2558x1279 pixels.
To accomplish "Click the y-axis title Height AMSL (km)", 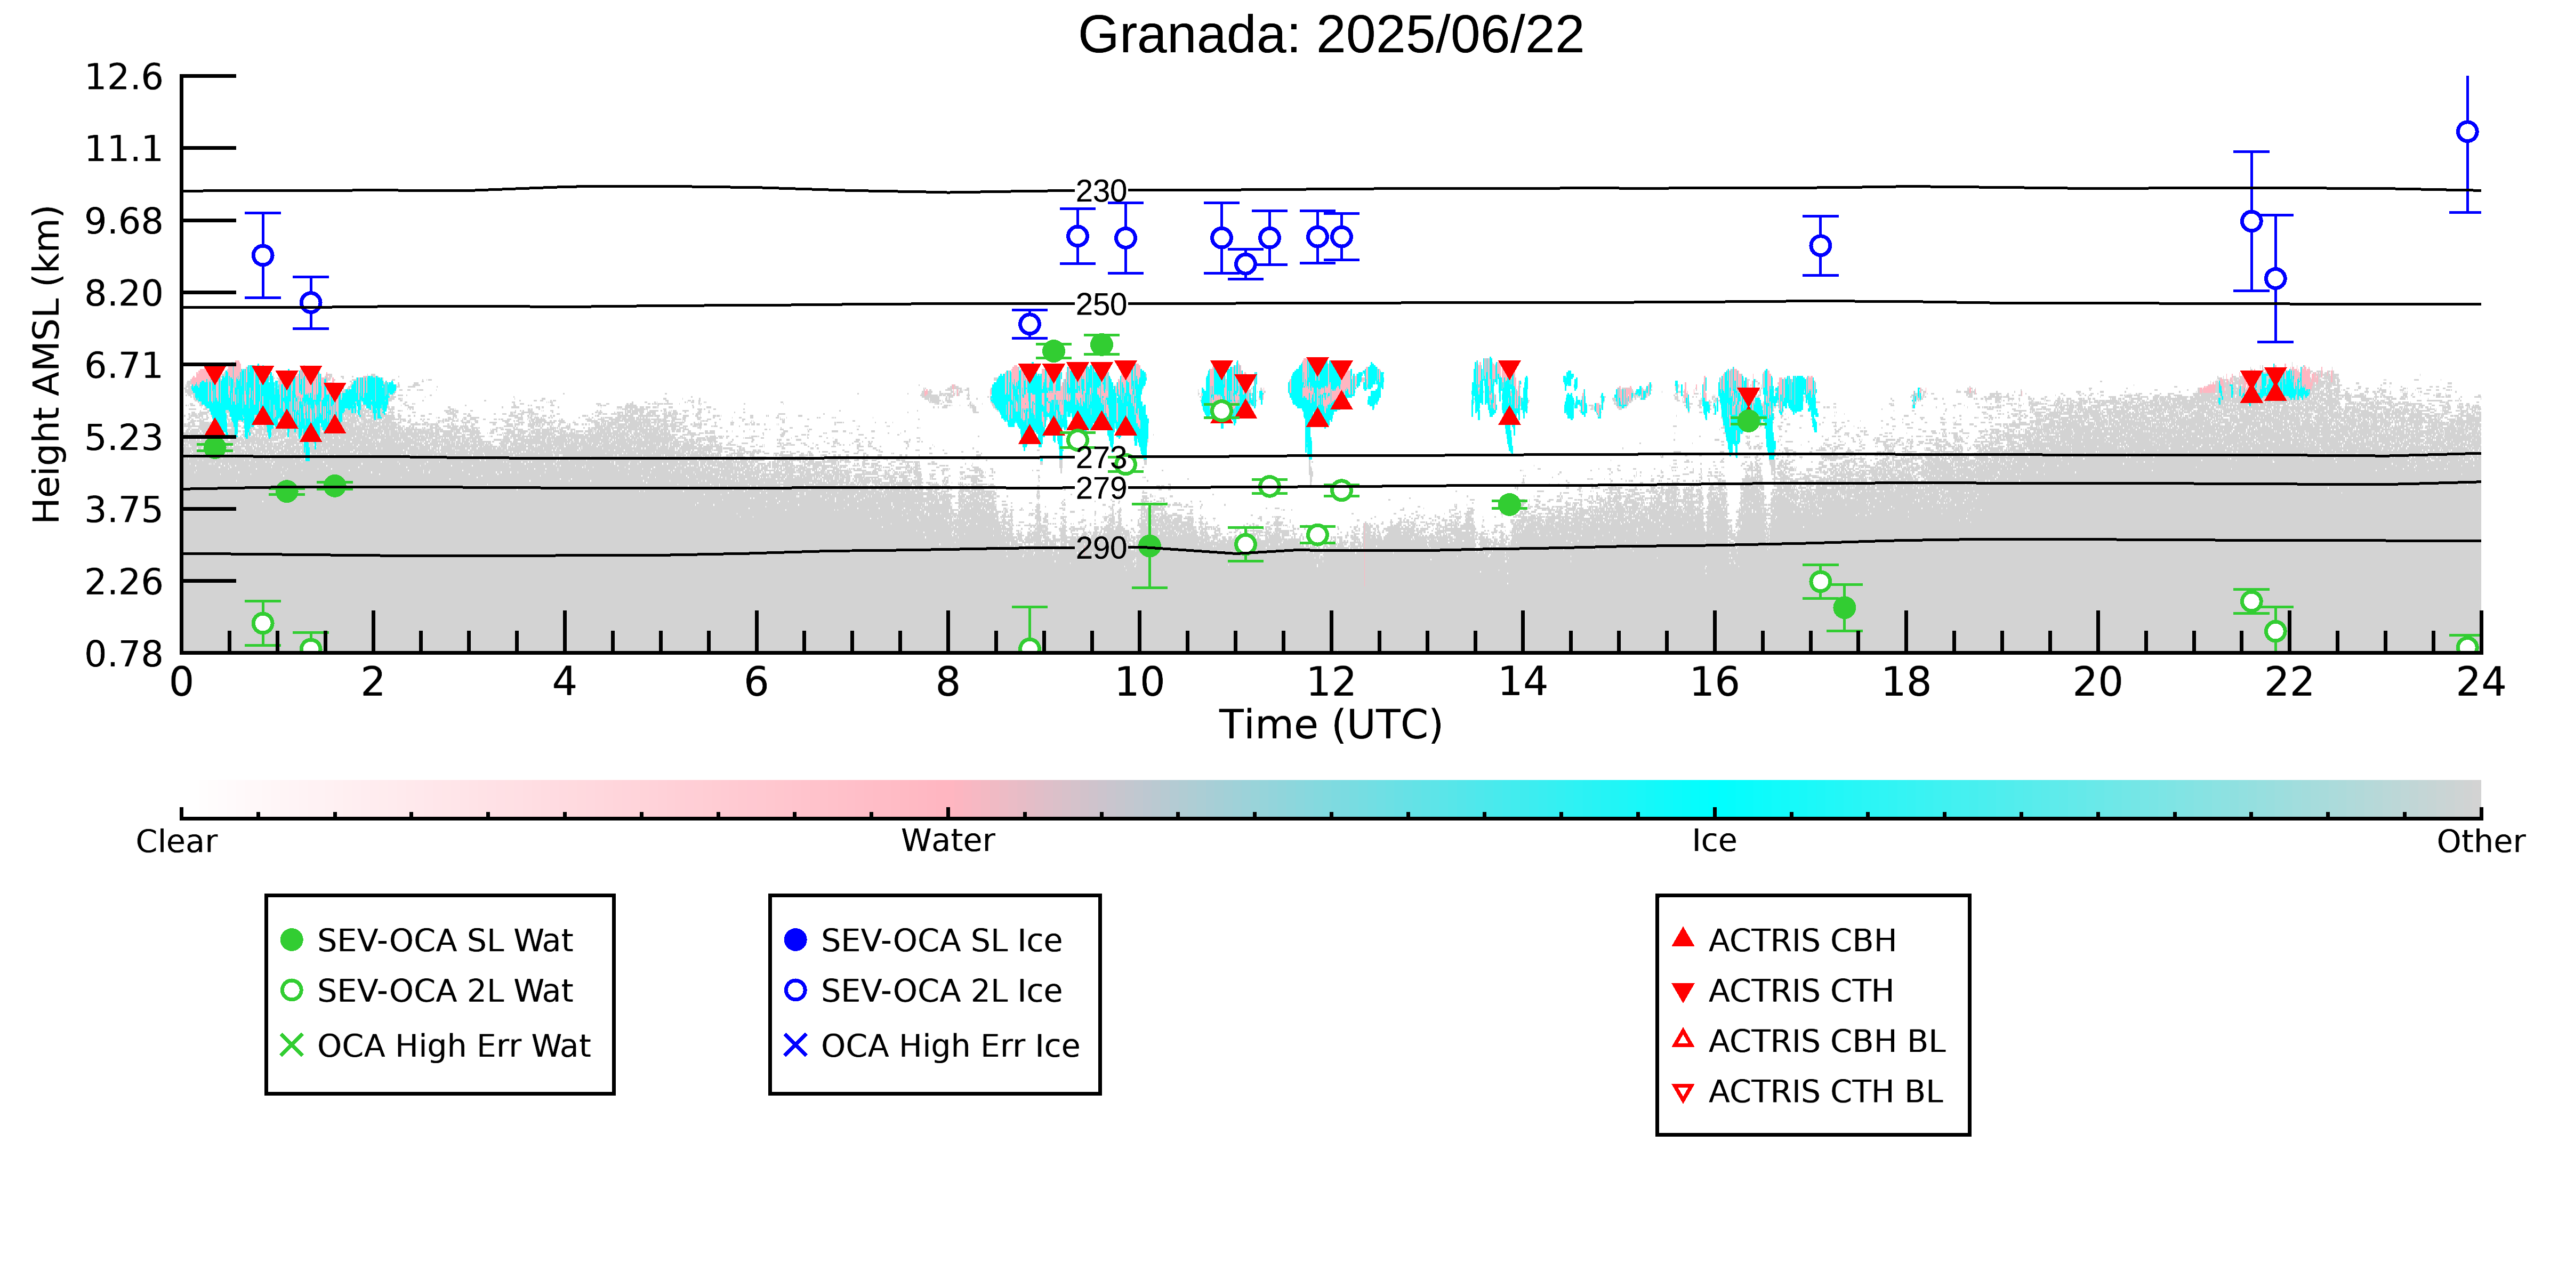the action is (47, 365).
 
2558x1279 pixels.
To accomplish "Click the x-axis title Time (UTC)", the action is (1331, 725).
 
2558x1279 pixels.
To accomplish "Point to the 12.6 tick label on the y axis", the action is (123, 76).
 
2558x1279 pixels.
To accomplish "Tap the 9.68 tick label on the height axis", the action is (123, 220).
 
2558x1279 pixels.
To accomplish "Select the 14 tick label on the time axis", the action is (1522, 682).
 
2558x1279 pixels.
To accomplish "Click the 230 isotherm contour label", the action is (1101, 191).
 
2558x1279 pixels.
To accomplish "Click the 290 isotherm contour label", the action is (1101, 548).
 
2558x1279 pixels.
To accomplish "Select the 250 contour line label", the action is (1101, 305).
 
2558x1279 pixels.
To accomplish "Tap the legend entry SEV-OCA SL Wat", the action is (427, 940).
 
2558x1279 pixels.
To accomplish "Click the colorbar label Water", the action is (948, 841).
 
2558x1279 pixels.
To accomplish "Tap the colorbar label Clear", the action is (177, 841).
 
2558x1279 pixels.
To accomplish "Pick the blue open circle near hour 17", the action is (1820, 245).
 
